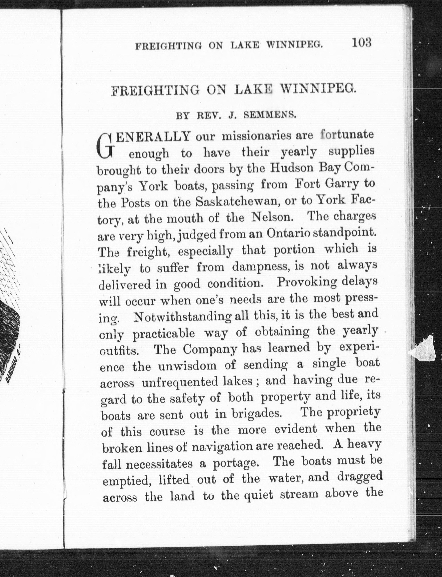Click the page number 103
tap(362, 43)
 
